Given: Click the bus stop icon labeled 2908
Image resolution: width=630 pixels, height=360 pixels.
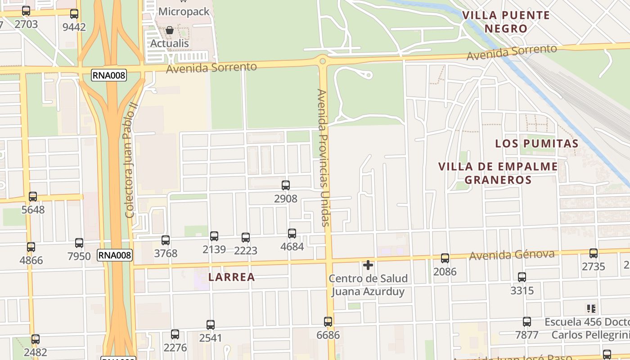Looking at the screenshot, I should point(285,185).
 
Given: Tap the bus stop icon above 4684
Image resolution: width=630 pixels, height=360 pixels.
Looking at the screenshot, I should point(292,233).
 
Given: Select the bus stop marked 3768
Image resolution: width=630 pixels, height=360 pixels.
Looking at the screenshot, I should point(166,240).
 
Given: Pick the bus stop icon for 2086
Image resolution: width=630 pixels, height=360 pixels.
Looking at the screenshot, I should point(445,258).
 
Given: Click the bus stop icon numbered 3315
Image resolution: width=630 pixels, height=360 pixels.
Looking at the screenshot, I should point(522,277).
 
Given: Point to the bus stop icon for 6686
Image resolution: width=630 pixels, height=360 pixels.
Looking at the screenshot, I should point(328,322).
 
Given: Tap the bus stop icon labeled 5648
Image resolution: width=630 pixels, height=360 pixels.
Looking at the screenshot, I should point(33,197).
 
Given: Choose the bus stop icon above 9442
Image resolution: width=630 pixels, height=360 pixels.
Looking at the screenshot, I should point(74,14).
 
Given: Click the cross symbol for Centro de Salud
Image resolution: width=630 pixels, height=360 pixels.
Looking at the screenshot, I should point(368,265).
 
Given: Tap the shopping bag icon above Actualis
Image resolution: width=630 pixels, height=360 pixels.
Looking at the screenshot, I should point(170,31).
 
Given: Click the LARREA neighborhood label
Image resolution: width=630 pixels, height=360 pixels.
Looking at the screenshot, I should point(231,277).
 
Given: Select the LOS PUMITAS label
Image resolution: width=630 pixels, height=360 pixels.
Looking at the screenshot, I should point(536,144).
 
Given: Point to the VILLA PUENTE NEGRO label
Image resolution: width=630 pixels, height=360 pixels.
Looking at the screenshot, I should point(506,22).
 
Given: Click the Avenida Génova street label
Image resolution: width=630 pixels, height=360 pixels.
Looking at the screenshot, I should point(512,255).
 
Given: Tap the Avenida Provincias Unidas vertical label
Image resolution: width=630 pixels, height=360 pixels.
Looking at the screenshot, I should point(323,157).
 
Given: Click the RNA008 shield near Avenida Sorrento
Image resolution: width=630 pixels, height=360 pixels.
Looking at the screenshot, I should point(109,75).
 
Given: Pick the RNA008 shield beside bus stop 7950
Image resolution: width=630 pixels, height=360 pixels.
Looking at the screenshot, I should point(115,256).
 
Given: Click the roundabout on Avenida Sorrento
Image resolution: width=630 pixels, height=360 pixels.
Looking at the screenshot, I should point(322,61).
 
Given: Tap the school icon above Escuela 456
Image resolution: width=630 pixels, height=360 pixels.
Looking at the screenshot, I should point(591,309).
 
